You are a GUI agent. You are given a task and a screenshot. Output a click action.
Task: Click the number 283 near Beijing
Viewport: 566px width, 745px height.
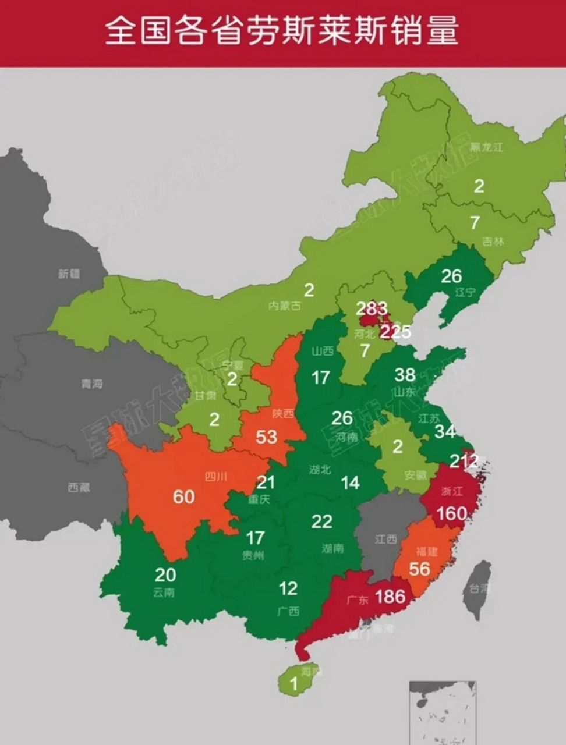pos(372,308)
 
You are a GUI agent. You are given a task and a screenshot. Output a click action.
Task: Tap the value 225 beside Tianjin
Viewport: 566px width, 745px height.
pos(395,332)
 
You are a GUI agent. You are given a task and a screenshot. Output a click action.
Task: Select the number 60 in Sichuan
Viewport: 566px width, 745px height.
pos(183,496)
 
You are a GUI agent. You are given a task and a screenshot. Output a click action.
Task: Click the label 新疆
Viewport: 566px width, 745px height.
pos(69,273)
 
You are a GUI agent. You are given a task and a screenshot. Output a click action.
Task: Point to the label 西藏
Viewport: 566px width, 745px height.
pos(79,487)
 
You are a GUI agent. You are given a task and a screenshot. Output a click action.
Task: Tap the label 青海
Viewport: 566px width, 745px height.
pos(92,384)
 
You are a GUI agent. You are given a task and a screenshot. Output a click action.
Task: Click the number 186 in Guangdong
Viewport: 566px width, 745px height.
pos(390,596)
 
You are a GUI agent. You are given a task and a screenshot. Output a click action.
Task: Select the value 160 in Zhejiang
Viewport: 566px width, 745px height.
pos(452,513)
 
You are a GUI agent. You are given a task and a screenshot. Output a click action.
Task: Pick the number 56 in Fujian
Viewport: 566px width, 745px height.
pos(419,569)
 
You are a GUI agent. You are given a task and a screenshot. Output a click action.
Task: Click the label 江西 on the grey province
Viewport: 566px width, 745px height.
pos(385,539)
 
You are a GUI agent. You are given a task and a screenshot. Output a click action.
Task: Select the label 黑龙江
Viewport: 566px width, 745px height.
pos(486,147)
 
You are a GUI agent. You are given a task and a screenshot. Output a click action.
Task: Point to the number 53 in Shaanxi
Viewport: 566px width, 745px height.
pos(266,436)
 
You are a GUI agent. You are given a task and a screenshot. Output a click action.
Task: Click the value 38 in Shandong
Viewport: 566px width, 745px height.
pos(405,374)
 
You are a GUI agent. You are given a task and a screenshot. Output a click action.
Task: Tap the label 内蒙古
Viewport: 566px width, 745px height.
pos(284,305)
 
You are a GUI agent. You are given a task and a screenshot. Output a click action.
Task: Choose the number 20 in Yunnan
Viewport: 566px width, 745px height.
pos(165,574)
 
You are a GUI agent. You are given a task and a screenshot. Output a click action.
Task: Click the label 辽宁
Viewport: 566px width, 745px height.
pos(465,292)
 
